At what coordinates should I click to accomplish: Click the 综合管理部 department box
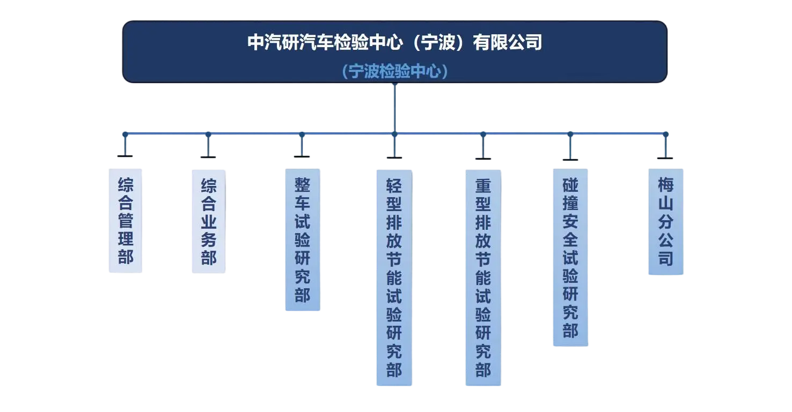126,221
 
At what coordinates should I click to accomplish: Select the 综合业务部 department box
209,221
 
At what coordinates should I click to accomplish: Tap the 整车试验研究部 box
303,239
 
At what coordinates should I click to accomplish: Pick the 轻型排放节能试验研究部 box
394,277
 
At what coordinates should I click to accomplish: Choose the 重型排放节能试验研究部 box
483,278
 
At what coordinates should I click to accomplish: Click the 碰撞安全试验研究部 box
570,257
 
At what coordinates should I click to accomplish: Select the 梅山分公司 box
666,221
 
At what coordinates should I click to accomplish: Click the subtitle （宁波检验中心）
394,71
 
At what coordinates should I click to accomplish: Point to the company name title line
394,42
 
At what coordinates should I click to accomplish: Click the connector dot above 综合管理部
125,134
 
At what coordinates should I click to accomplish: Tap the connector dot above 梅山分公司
666,134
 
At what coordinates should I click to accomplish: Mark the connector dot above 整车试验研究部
302,134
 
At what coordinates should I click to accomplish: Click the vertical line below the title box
394,107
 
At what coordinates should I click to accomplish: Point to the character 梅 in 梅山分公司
666,185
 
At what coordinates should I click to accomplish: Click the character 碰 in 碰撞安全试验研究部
570,185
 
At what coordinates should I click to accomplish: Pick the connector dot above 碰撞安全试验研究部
570,134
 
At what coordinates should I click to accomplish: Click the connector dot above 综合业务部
208,134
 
